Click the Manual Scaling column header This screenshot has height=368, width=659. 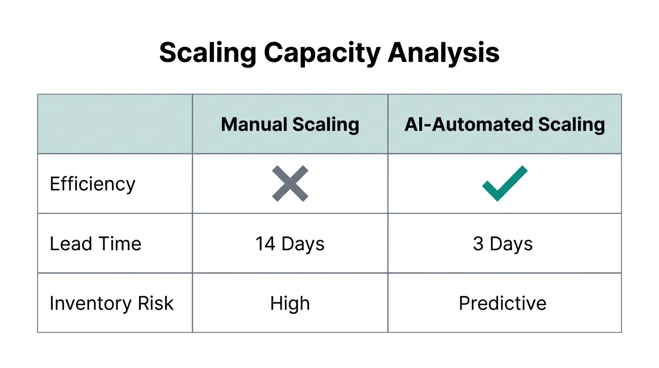click(290, 125)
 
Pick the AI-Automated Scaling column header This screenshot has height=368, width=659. click(504, 125)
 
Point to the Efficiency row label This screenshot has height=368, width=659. click(92, 184)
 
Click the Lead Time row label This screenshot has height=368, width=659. click(95, 244)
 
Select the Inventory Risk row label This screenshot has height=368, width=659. click(111, 303)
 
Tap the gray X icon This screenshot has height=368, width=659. click(290, 184)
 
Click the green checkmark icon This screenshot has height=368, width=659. click(504, 184)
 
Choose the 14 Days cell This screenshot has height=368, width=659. click(290, 244)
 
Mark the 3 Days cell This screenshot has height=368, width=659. click(502, 244)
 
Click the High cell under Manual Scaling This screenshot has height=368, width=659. click(290, 303)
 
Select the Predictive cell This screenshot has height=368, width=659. click(502, 303)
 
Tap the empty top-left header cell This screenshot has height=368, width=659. click(115, 124)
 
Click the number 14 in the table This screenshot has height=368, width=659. click(265, 244)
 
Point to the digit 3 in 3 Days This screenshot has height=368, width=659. click(478, 244)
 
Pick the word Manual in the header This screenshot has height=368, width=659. click(254, 125)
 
